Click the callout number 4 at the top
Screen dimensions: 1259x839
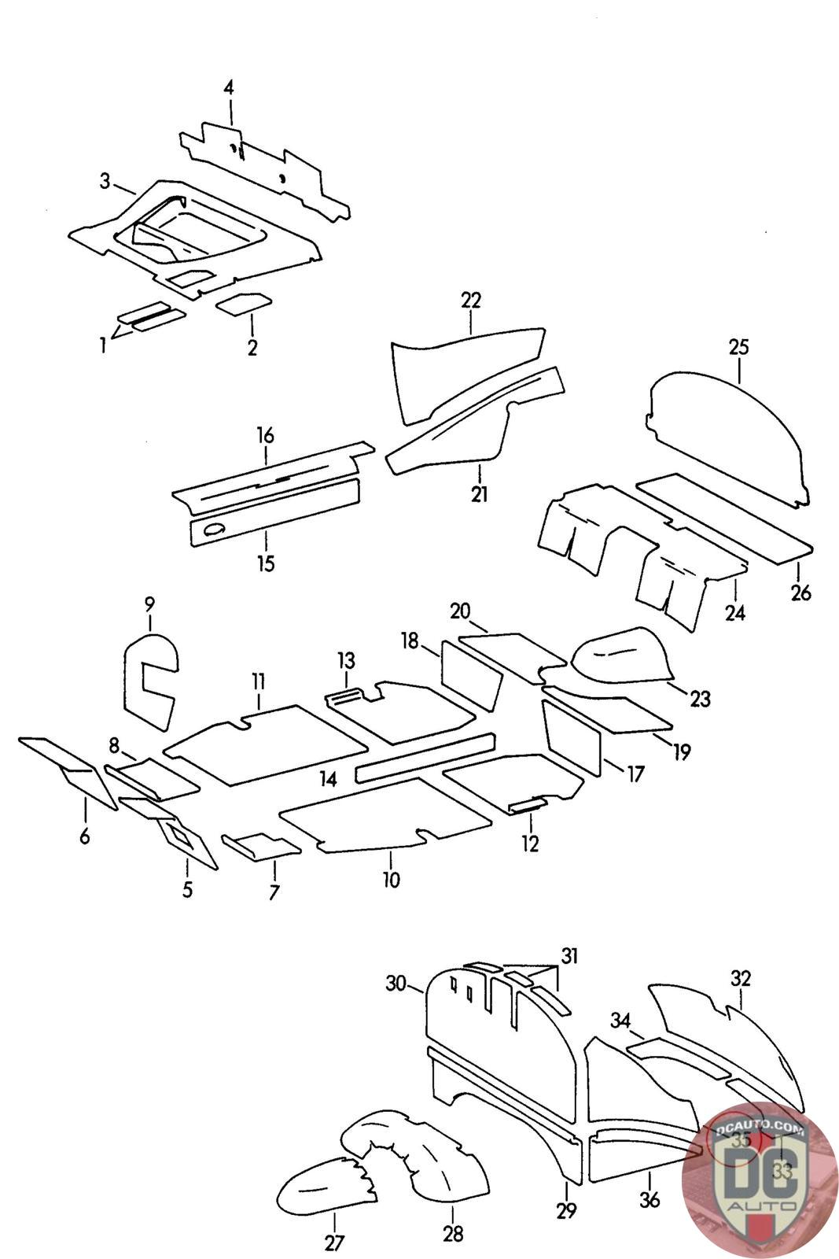pos(228,87)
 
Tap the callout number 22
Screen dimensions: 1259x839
pos(471,301)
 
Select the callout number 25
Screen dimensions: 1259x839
pos(739,347)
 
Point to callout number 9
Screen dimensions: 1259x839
pos(149,604)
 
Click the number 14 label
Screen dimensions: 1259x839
pos(329,779)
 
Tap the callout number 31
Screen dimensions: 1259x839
pos(569,956)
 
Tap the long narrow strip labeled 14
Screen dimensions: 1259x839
pos(425,758)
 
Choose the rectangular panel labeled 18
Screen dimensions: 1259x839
pos(471,674)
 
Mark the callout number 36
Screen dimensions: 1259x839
pos(649,1201)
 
